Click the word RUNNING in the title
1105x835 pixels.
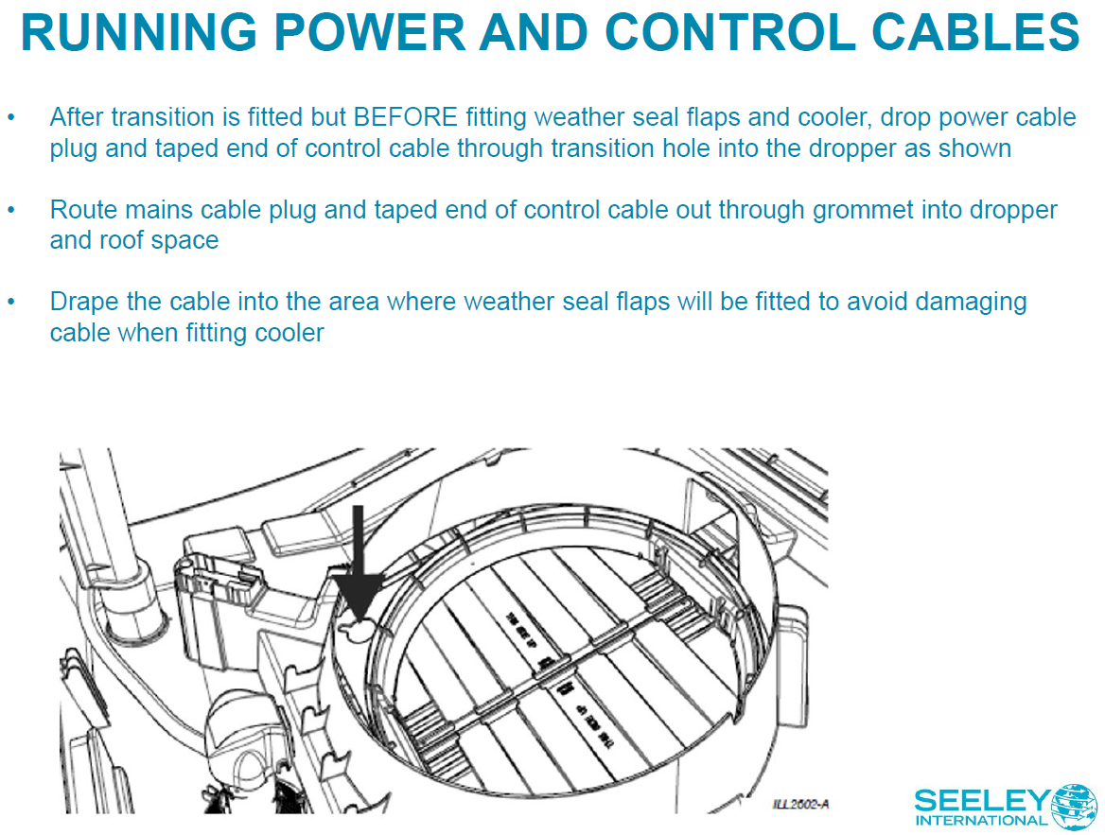click(x=138, y=33)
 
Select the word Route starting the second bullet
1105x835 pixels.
click(x=79, y=210)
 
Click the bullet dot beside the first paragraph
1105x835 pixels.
click(x=12, y=118)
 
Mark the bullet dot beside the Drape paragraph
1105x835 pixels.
click(x=12, y=303)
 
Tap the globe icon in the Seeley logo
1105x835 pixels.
click(x=1075, y=807)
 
